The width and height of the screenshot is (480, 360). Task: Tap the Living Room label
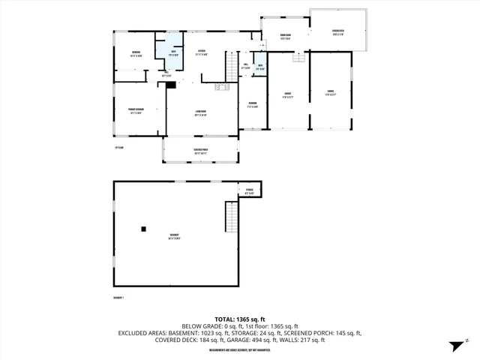point(200,114)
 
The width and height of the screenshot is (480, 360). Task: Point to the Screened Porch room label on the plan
point(199,151)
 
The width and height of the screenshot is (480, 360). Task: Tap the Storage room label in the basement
point(250,191)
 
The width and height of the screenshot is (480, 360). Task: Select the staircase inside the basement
point(231,217)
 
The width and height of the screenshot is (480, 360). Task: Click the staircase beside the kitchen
point(231,65)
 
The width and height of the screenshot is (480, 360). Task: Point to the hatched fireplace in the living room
point(222,87)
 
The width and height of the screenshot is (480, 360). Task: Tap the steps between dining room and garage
point(299,58)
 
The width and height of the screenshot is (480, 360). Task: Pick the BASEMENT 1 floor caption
point(118,298)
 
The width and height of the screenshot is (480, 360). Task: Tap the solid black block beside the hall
point(171,85)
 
